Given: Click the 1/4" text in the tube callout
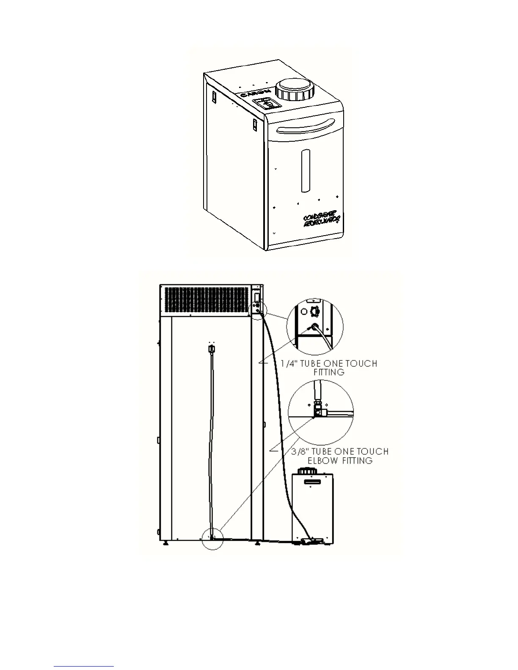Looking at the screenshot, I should click(289, 363).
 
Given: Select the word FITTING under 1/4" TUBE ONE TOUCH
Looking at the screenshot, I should click(329, 372).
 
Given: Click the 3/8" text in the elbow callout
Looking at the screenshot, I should click(301, 451).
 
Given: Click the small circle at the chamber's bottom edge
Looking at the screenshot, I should click(212, 538).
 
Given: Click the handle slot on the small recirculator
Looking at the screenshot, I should click(314, 482).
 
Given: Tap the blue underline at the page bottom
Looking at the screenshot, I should click(84, 667).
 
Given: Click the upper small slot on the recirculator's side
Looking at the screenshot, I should click(215, 97).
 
